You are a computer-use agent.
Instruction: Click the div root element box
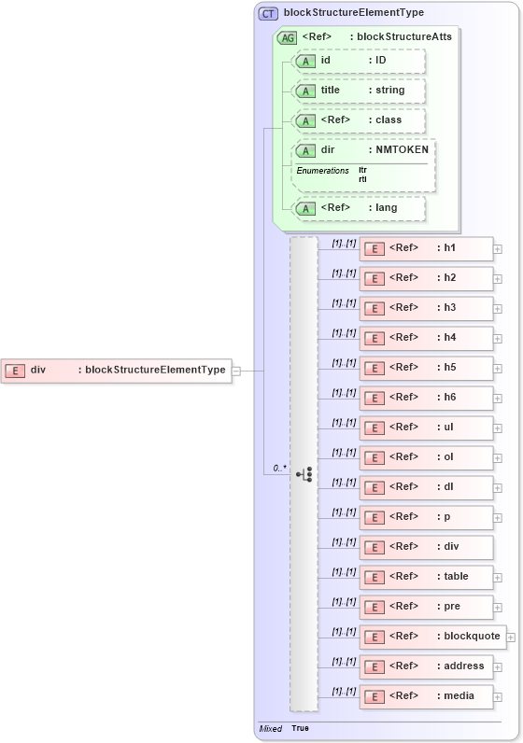pyautogui.click(x=116, y=371)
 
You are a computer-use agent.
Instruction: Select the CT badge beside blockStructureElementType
pyautogui.click(x=268, y=13)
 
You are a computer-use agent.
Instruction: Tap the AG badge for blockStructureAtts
pyautogui.click(x=288, y=37)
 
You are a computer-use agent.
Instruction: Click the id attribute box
pyautogui.click(x=359, y=61)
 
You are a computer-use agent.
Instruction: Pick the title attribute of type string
pyautogui.click(x=359, y=91)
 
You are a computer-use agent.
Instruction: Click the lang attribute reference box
pyautogui.click(x=359, y=208)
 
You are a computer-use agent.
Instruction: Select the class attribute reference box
pyautogui.click(x=359, y=120)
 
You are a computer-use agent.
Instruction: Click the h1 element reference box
pyautogui.click(x=426, y=248)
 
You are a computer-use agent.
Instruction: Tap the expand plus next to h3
pyautogui.click(x=498, y=309)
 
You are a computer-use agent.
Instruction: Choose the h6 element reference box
pyautogui.click(x=426, y=398)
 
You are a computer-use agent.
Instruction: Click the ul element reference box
pyautogui.click(x=426, y=428)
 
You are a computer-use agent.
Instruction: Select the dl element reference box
pyautogui.click(x=426, y=487)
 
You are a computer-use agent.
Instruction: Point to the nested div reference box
pyautogui.click(x=426, y=547)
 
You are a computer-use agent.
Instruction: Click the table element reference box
pyautogui.click(x=426, y=577)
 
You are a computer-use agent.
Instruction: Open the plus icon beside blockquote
pyautogui.click(x=511, y=638)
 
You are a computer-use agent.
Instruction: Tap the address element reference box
pyautogui.click(x=426, y=666)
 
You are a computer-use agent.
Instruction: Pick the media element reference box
pyautogui.click(x=426, y=696)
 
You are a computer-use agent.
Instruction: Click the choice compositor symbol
pyautogui.click(x=304, y=474)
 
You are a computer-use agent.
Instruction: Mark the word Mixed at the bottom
pyautogui.click(x=270, y=728)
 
